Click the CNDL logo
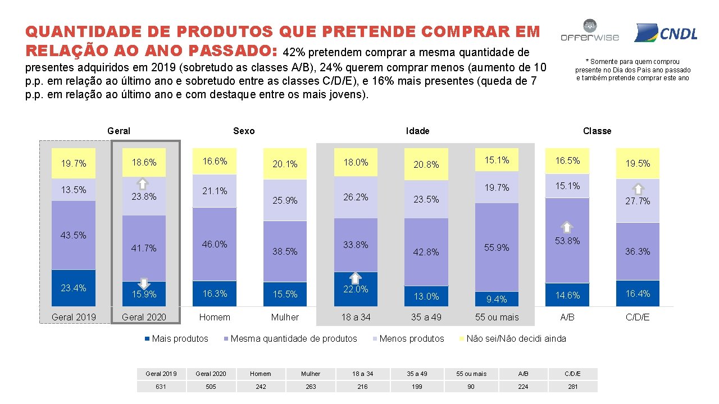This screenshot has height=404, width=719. [x=666, y=33]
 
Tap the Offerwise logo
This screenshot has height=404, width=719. [x=589, y=32]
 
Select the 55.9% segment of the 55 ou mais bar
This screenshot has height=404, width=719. [x=497, y=247]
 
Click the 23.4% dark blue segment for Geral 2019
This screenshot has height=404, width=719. [x=74, y=288]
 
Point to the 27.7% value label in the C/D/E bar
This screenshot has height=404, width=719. [x=638, y=201]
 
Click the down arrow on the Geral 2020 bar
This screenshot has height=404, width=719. [x=143, y=283]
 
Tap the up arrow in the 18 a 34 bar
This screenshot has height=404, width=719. [x=355, y=278]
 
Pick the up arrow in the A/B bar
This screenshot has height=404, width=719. [x=567, y=227]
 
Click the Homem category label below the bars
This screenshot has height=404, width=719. [x=215, y=317]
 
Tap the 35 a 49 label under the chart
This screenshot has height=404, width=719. [x=426, y=317]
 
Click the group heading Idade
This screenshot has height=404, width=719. [x=417, y=131]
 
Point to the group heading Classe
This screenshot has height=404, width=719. [x=597, y=131]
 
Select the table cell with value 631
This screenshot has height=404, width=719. [x=161, y=386]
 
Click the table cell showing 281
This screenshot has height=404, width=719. [x=572, y=386]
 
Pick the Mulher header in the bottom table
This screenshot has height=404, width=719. [x=311, y=374]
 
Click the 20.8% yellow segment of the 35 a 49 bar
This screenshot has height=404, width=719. [x=426, y=164]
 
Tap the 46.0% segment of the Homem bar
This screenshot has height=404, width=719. [x=215, y=244]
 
